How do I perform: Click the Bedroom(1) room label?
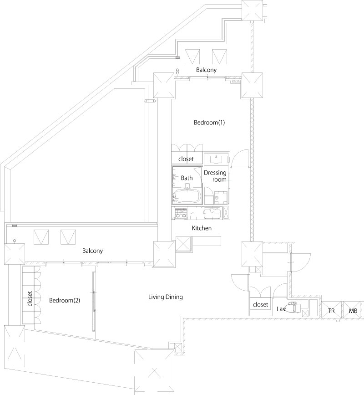tap(209, 123)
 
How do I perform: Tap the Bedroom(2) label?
tap(65, 300)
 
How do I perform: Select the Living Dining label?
tap(165, 297)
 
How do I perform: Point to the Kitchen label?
tap(202, 228)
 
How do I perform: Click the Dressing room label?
tap(215, 176)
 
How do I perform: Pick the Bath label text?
tap(187, 178)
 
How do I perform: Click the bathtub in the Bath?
tap(187, 196)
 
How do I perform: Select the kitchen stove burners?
tap(181, 213)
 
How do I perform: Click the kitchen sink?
tap(212, 213)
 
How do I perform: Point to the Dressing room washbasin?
tap(216, 159)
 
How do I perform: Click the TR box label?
tap(331, 311)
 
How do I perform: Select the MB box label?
tap(353, 311)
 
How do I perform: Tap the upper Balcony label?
tap(206, 70)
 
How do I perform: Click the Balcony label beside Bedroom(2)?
tap(92, 251)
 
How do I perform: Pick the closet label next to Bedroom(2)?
tap(30, 298)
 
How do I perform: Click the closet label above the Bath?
tap(186, 159)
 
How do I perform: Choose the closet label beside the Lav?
tap(260, 304)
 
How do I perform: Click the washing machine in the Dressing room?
tap(221, 197)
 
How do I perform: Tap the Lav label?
tap(281, 309)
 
